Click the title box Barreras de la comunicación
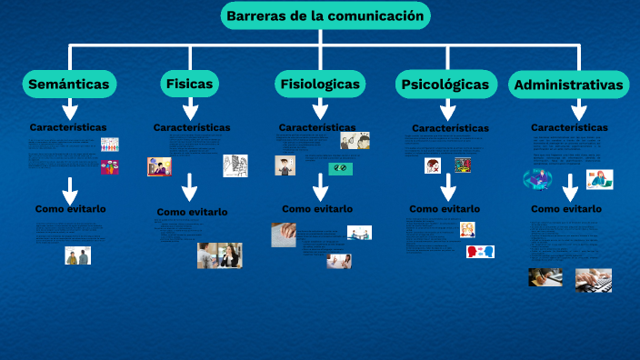pos(325,15)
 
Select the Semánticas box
pos(68,85)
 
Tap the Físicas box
pos(189,84)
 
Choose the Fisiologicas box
pos(320,85)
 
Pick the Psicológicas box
pos(444,85)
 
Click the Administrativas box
pos(569,85)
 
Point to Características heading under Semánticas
pos(68,127)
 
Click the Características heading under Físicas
pos(192,128)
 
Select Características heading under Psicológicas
pos(450,129)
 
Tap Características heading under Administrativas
pos(569,128)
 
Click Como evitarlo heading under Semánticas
pos(70,209)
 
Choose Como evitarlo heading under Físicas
pos(192,212)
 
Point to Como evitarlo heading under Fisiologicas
pos(317,209)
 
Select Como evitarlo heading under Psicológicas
pos(445,209)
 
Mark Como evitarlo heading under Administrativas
pos(566,209)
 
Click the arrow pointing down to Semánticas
pos(69,56)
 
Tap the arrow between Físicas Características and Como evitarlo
pos(189,187)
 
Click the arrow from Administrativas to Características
pos(578,109)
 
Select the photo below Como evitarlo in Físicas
pos(219,255)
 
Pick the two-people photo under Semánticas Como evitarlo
pos(77,255)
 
